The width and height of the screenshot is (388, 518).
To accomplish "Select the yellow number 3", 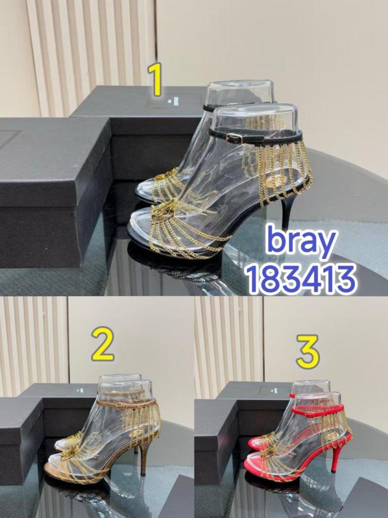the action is pos(307,351).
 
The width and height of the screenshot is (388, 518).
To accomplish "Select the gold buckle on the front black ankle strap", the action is pos(235,137).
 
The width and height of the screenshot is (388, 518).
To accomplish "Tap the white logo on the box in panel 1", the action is pos(172,101).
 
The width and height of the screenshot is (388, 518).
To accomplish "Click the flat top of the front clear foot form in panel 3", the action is pos(317,396).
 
